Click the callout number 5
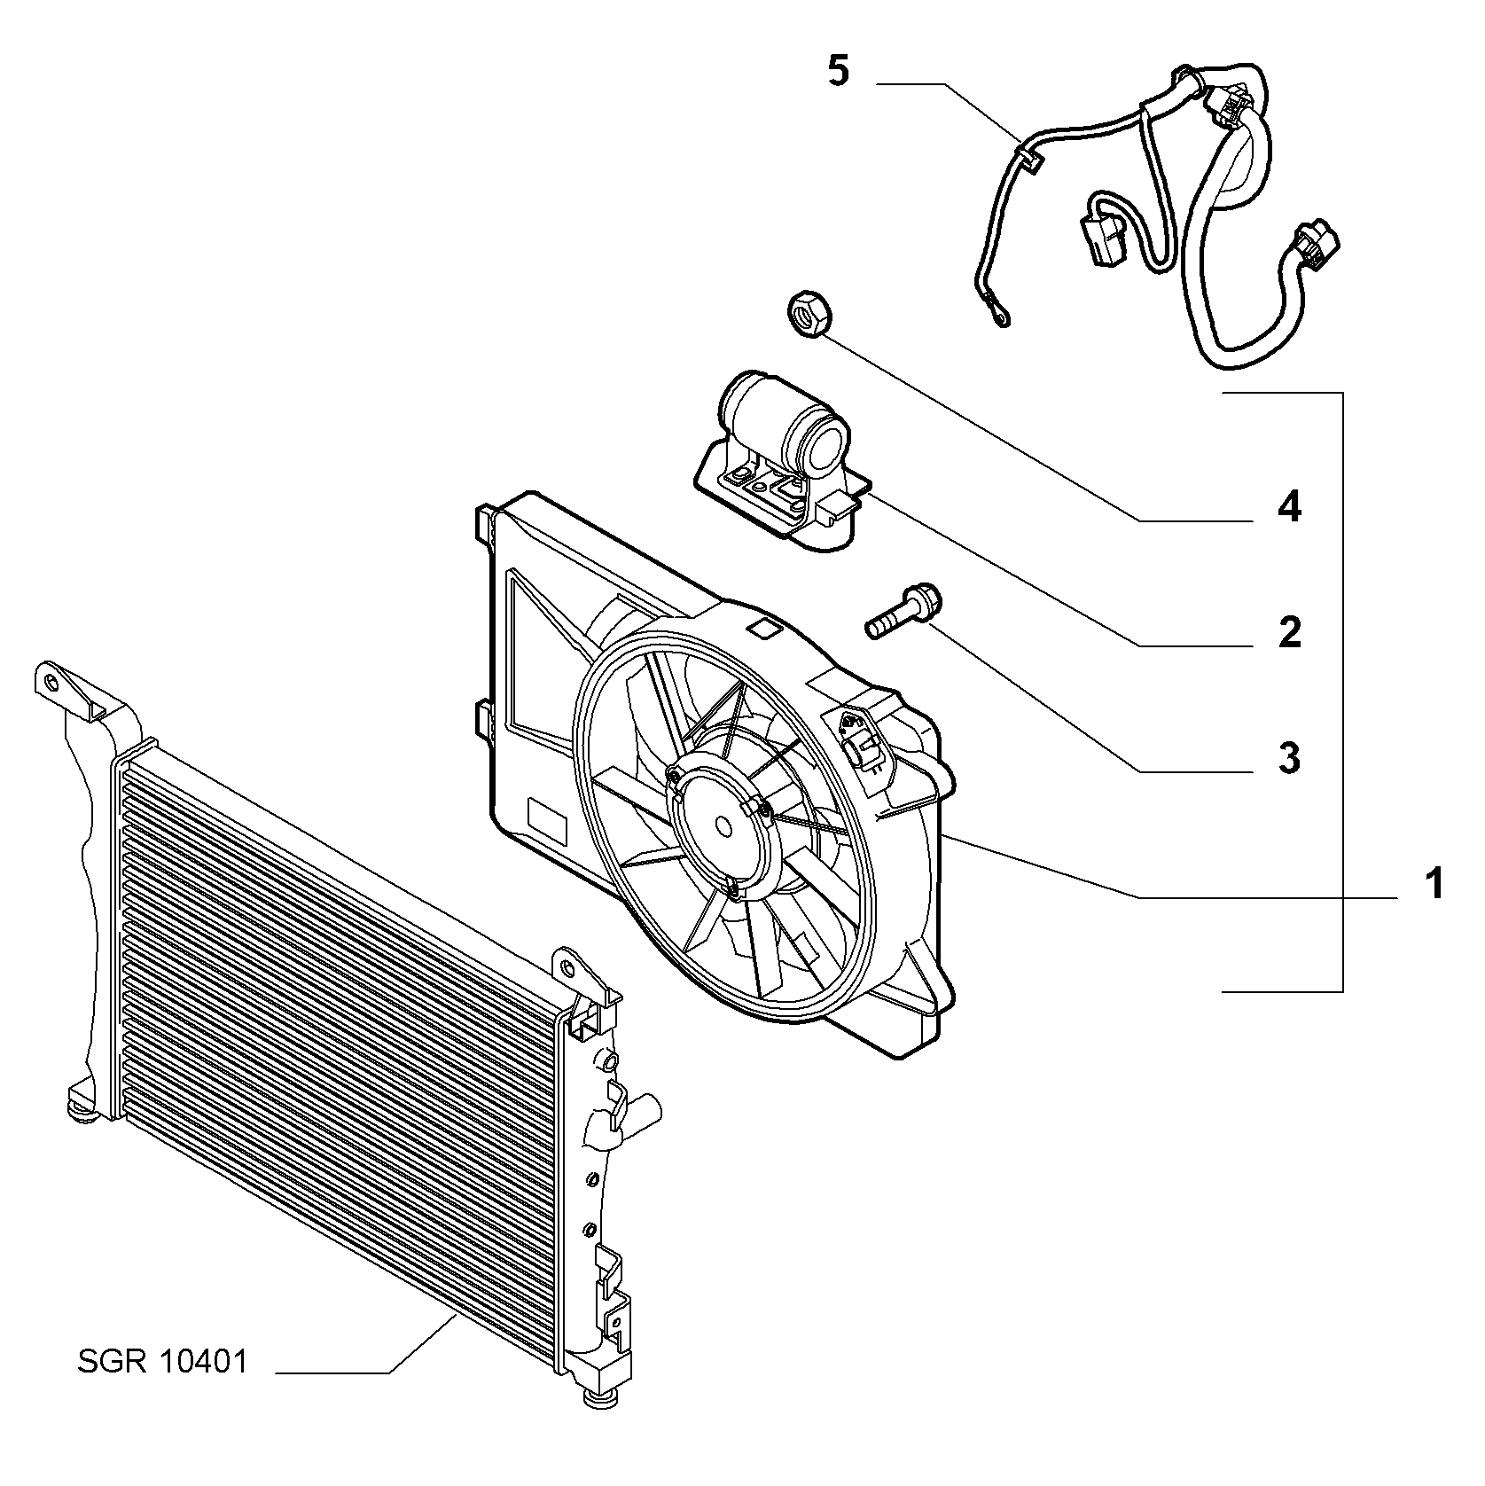(x=839, y=71)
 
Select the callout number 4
(x=1289, y=507)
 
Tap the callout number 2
(x=1289, y=632)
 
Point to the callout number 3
(x=1289, y=758)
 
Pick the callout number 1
(x=1434, y=884)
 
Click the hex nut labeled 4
(x=807, y=314)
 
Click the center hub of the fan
(x=723, y=825)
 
